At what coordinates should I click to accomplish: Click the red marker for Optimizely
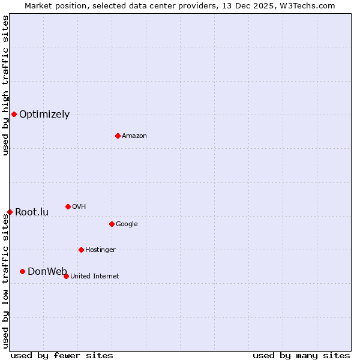[x=14, y=114]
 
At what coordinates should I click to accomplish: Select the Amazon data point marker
[x=118, y=136]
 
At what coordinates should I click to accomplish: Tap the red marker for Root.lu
[x=10, y=212]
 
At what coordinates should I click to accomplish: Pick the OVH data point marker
[x=68, y=206]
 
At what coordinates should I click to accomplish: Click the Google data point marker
[x=112, y=224]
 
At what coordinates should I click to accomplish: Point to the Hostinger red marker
[x=81, y=250]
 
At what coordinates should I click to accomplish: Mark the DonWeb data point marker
[x=22, y=271]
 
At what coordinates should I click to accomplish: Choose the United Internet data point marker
[x=66, y=276]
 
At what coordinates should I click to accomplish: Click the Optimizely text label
[x=44, y=115]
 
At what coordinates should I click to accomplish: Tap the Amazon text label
[x=134, y=136]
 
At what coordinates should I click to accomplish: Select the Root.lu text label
[x=32, y=212]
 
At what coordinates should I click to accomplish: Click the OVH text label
[x=79, y=207]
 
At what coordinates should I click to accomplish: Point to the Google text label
[x=127, y=224]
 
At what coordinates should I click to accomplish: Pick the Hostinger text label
[x=100, y=250]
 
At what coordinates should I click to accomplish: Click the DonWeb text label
[x=47, y=272]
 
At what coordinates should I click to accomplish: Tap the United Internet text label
[x=95, y=277]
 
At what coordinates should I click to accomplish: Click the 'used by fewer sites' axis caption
[x=62, y=355]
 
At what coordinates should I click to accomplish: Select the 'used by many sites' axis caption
[x=301, y=355]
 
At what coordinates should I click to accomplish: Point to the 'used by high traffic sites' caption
[x=5, y=85]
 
